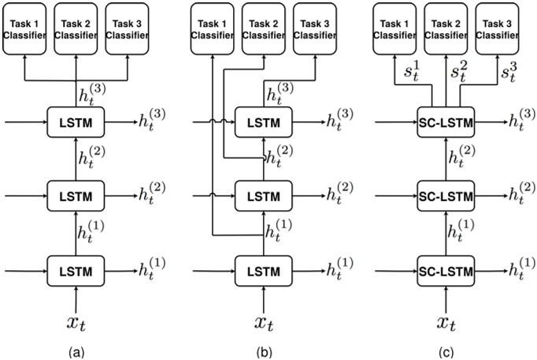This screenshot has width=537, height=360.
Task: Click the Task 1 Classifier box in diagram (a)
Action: [26, 30]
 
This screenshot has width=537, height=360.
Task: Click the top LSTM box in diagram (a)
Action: [77, 122]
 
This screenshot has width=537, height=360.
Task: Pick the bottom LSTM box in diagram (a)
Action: [77, 272]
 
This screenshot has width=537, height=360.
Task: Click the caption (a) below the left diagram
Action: [77, 348]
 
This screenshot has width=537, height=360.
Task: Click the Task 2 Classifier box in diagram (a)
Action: [77, 30]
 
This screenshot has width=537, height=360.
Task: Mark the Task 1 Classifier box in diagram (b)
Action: [214, 30]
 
